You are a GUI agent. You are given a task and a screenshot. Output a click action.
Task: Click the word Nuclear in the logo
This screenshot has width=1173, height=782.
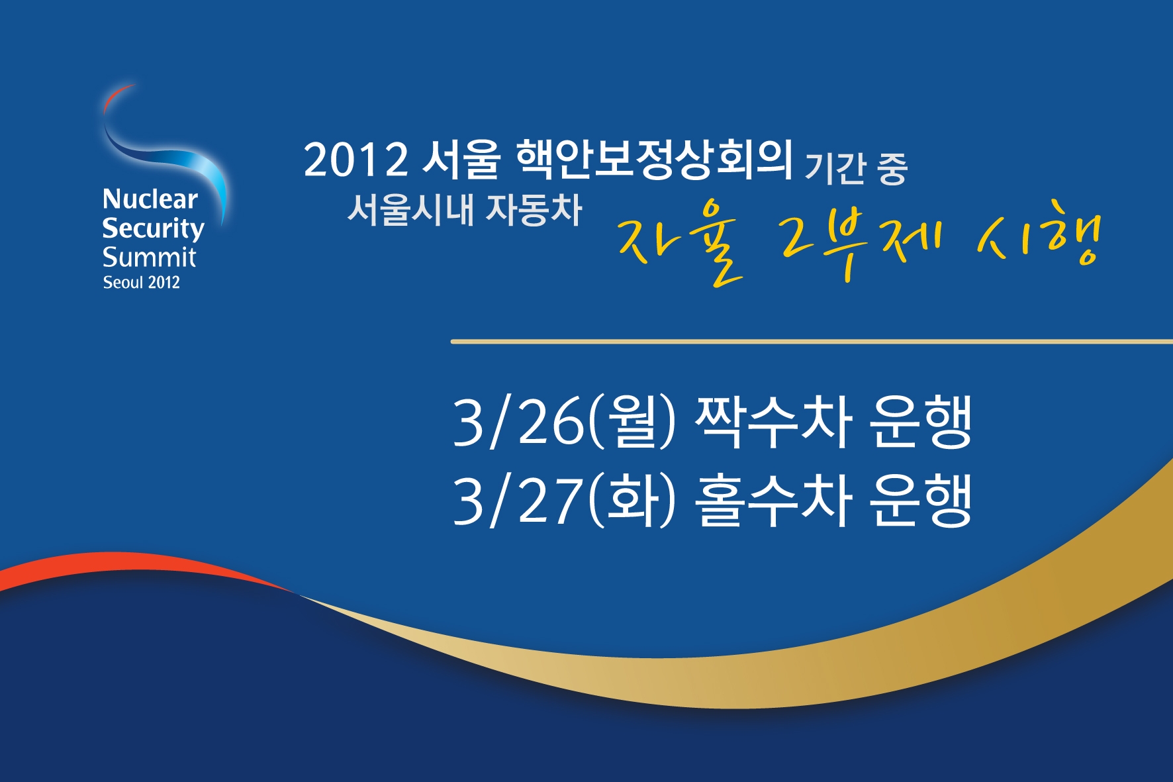tap(150, 199)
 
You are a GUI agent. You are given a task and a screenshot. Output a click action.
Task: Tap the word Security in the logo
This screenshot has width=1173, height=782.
tap(153, 228)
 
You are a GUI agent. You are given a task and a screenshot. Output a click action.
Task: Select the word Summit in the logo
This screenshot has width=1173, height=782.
tap(149, 257)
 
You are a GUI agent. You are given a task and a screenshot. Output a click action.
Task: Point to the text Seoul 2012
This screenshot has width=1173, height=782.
tap(141, 283)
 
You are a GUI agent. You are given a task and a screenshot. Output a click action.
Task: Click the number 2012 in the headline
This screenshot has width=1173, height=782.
tap(355, 160)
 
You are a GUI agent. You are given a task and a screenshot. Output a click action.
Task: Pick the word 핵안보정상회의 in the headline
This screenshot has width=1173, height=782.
tap(653, 160)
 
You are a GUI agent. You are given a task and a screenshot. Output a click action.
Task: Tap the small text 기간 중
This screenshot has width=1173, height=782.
tap(855, 168)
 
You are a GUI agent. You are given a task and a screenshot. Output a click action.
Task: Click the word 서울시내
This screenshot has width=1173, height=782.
tap(411, 209)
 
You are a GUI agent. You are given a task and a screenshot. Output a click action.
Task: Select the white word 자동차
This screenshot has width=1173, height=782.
tap(534, 209)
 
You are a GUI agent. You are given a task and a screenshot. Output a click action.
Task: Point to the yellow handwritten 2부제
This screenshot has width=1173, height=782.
tap(861, 242)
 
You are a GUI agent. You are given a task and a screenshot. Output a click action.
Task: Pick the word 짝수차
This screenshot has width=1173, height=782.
tap(773, 422)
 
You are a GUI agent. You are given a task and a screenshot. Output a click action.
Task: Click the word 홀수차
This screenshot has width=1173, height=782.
tap(773, 500)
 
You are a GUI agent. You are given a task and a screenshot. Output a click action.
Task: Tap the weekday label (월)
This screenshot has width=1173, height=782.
tap(631, 422)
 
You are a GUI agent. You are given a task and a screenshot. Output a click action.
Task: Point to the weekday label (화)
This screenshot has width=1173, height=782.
tap(631, 500)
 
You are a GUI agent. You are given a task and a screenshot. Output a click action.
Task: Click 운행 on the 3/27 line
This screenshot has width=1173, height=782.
tap(920, 500)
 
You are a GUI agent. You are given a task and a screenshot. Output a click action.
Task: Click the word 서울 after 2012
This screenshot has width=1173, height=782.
tap(461, 160)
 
